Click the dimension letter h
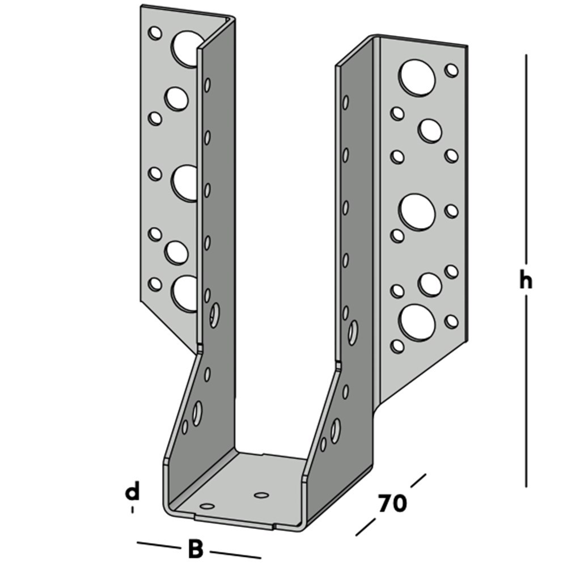(x=526, y=280)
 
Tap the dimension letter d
(x=132, y=492)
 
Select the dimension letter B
(x=194, y=549)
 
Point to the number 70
(x=392, y=503)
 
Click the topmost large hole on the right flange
(x=417, y=78)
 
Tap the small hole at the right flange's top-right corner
(x=452, y=70)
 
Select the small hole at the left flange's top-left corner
(x=155, y=33)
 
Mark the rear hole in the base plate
(x=261, y=495)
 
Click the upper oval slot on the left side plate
(x=214, y=315)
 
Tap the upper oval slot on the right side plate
(x=353, y=332)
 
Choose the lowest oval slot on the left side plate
(x=197, y=413)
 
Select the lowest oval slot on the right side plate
(x=336, y=430)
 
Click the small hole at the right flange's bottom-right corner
(x=451, y=321)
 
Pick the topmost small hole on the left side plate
(x=208, y=85)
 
